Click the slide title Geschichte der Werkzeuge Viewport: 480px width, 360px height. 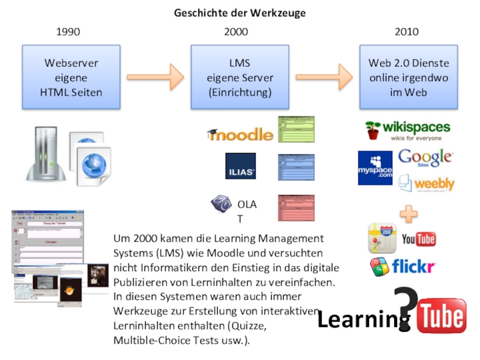click(240, 13)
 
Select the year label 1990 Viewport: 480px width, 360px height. click(68, 32)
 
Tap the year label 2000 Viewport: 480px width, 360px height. click(236, 32)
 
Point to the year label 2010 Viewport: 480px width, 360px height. click(407, 32)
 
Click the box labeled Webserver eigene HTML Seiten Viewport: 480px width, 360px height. click(71, 77)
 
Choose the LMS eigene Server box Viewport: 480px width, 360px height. click(240, 77)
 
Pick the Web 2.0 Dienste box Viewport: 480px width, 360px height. click(409, 77)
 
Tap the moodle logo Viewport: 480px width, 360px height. click(240, 134)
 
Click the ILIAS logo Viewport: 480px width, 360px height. click(241, 166)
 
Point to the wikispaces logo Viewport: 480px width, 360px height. click(408, 130)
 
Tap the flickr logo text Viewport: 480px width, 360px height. click(414, 265)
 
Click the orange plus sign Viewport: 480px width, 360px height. click(409, 213)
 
